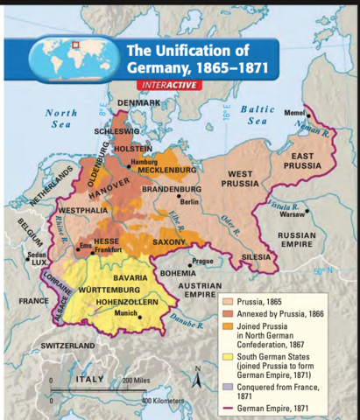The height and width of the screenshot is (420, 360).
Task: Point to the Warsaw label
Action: tap(293, 213)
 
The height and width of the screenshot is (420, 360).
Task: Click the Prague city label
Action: tap(203, 260)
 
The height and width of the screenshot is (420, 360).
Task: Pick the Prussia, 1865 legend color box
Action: tap(227, 302)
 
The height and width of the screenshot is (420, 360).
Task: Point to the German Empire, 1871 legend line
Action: tap(227, 407)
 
